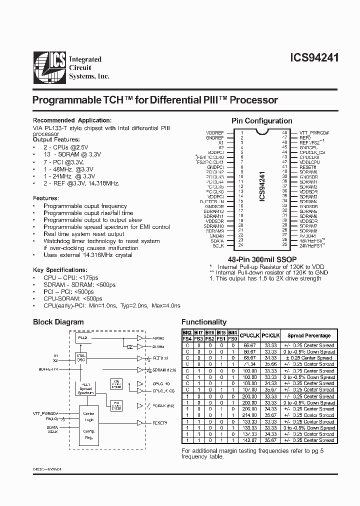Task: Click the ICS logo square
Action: (x=50, y=66)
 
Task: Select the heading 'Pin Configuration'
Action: (x=261, y=121)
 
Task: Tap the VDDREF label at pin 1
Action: (x=215, y=132)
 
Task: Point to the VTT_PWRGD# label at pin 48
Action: (x=314, y=132)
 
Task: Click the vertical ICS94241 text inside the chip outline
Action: (x=262, y=186)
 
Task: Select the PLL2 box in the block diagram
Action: (x=83, y=338)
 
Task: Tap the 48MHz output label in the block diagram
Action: (x=157, y=338)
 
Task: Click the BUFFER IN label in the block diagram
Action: (x=48, y=368)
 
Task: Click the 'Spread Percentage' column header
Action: (x=308, y=335)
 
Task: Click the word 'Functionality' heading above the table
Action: (x=203, y=322)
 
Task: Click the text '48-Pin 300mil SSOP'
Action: (x=260, y=259)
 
